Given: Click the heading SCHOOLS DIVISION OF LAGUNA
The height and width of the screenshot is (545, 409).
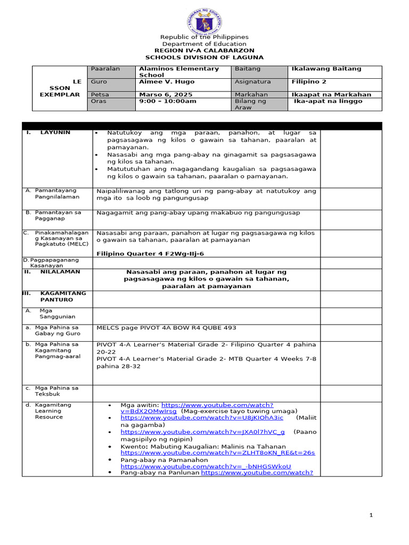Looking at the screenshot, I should point(204,57).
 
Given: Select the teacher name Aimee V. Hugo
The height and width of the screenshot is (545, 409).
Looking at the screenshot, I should point(166,82).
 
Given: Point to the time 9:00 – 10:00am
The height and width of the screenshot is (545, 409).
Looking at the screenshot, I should point(167,101).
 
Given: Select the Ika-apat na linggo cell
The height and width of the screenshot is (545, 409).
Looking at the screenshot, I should point(328,101).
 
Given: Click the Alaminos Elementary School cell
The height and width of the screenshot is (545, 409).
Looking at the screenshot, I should point(178,72).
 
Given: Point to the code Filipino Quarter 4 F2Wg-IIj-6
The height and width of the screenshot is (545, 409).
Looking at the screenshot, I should point(150,254).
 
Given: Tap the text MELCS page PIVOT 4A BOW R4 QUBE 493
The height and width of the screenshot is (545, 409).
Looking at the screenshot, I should point(166,328).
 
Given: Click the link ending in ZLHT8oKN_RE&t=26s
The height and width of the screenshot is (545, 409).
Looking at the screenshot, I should point(218,453).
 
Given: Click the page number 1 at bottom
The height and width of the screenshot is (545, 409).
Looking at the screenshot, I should point(372,515).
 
